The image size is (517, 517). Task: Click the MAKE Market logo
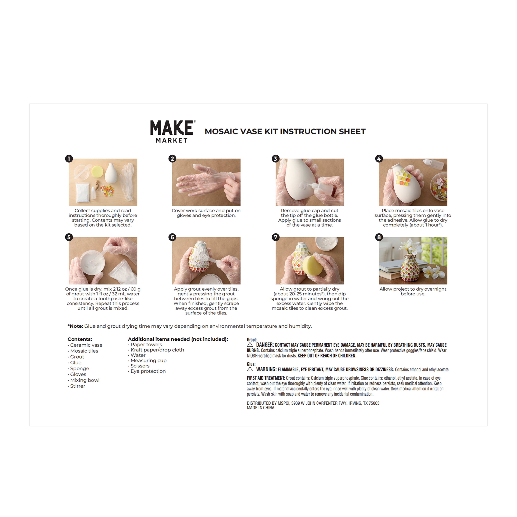point(173,131)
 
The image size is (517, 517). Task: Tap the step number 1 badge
point(69,159)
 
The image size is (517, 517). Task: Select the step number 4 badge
point(379,159)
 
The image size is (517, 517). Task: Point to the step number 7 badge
point(276,237)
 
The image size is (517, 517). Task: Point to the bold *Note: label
point(75,326)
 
